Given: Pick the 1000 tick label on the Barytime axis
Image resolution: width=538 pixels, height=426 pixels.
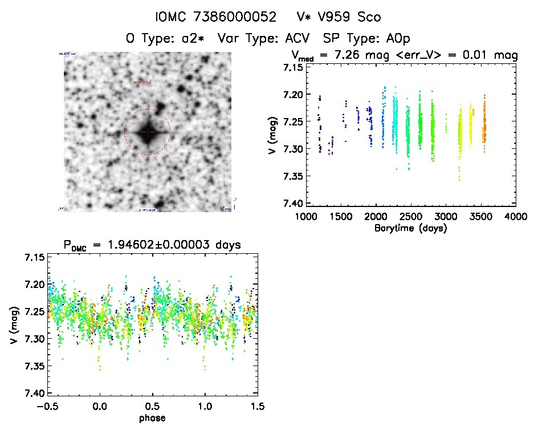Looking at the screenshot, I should [306, 217].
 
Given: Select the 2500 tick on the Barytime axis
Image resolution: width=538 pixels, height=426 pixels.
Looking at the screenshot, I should [411, 217].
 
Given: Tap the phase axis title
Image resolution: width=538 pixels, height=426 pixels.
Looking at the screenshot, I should [152, 417].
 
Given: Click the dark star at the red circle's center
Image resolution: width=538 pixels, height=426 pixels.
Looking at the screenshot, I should [147, 132].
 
